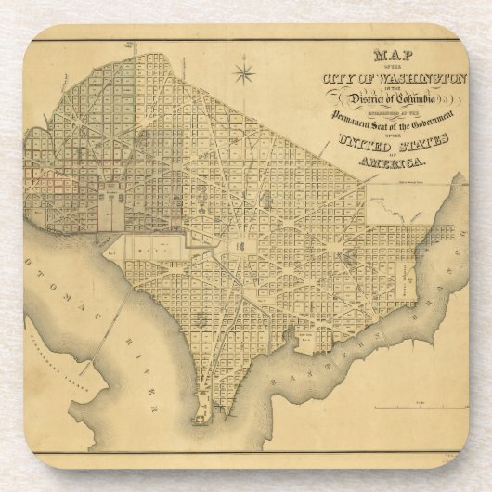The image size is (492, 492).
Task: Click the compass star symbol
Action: point(245,71)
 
